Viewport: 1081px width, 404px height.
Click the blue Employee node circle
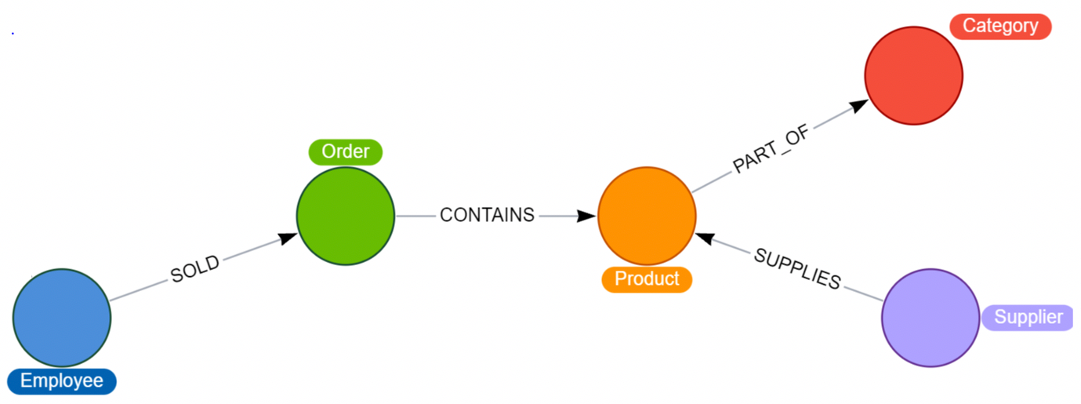point(62,318)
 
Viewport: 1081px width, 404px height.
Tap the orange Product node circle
point(647,216)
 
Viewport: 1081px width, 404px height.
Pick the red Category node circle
point(913,75)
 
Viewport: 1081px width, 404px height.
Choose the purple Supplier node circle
point(930,318)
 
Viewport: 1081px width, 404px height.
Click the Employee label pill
point(62,382)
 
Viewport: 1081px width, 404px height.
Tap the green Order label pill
point(346,151)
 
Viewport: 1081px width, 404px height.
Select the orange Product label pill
point(647,279)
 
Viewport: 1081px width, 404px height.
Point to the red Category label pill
point(1000,26)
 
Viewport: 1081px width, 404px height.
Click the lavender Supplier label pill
point(1028,318)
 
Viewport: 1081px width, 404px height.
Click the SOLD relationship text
point(195,270)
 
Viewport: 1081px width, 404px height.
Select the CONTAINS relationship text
point(487,215)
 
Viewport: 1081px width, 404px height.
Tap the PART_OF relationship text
point(770,148)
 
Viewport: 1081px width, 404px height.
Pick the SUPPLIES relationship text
point(797,268)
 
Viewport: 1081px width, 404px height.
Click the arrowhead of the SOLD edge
point(288,238)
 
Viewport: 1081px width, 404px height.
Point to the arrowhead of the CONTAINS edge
point(586,216)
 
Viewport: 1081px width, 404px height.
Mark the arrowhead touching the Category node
point(858,105)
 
